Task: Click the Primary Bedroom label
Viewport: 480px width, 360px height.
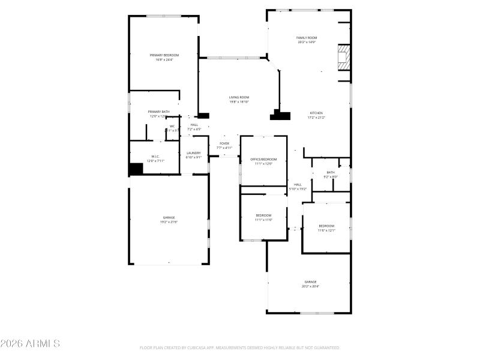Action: click(x=164, y=57)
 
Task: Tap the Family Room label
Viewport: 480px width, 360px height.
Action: click(x=306, y=40)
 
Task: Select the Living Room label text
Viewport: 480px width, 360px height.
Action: click(x=239, y=99)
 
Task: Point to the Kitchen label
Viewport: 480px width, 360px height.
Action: click(x=316, y=115)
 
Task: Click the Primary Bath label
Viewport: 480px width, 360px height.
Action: click(x=159, y=113)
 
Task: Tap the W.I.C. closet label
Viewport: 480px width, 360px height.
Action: click(x=155, y=158)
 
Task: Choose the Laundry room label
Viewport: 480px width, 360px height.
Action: click(x=193, y=155)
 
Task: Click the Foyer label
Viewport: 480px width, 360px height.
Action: click(x=224, y=145)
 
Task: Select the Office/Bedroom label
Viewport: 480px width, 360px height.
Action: click(x=263, y=161)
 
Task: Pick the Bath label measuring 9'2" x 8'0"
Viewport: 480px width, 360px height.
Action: click(x=331, y=174)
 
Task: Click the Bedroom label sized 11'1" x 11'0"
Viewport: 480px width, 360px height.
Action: click(x=263, y=217)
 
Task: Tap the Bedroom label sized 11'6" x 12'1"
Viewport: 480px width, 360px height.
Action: click(x=326, y=227)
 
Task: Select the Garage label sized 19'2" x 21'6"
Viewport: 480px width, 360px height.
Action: click(x=169, y=220)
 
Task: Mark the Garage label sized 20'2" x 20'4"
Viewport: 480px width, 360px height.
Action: click(x=310, y=284)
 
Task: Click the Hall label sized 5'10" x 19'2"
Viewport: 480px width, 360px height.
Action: click(x=298, y=187)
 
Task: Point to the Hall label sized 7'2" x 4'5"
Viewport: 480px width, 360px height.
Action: click(x=194, y=127)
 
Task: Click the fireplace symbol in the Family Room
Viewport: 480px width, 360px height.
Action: click(x=343, y=57)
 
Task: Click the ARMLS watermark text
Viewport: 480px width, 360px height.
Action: click(x=30, y=344)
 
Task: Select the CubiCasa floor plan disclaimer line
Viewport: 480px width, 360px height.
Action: click(x=240, y=347)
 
